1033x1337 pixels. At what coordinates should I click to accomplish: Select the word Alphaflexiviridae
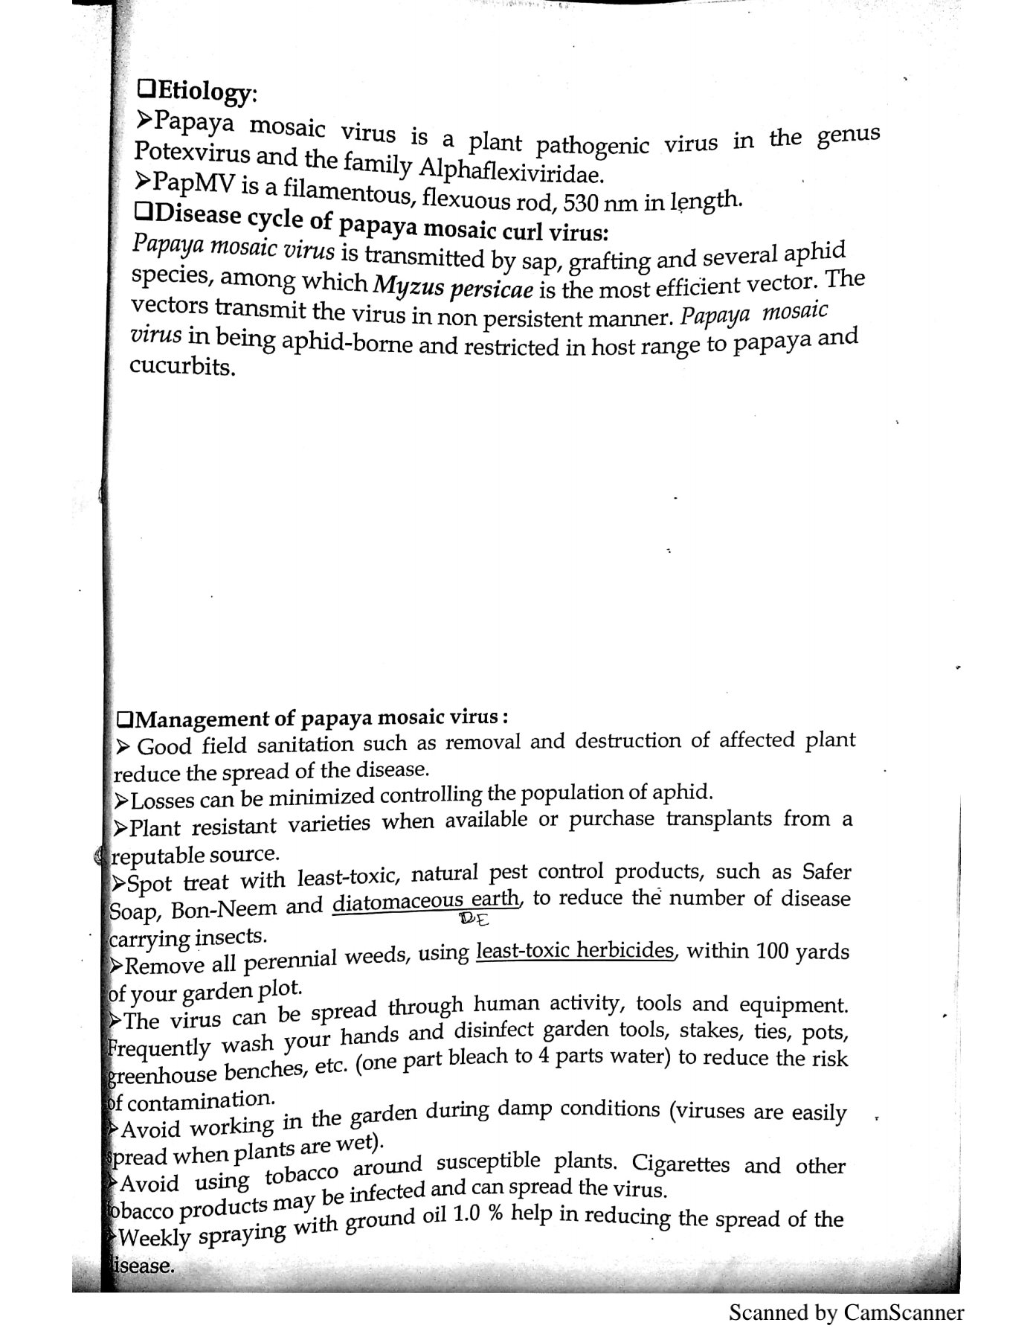510,173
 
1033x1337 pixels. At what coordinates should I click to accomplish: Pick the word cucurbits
182,367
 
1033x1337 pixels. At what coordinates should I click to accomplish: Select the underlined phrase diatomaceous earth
427,902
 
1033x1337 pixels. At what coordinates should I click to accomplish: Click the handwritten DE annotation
474,920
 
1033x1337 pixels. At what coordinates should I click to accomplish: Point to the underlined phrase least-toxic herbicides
575,952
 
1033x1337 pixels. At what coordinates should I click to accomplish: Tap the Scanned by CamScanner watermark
846,1312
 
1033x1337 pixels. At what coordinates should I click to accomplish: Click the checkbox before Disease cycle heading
144,213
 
